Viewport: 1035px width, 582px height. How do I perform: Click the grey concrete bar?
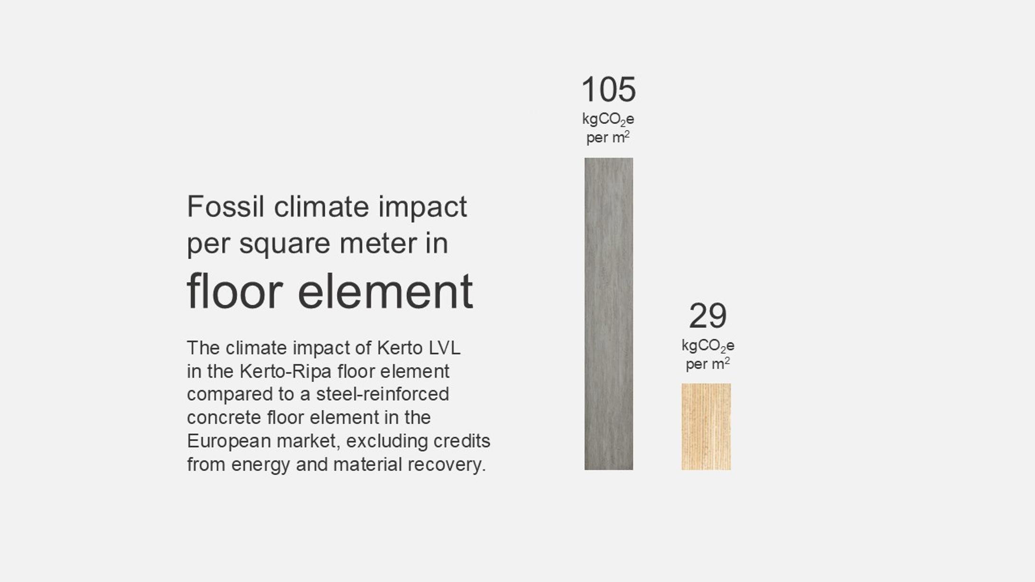tap(609, 314)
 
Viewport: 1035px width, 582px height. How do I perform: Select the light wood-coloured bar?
tap(706, 427)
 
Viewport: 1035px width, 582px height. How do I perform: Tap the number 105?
tap(609, 89)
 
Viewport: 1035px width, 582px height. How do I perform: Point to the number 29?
tap(708, 316)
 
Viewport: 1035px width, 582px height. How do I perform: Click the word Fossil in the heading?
tap(226, 207)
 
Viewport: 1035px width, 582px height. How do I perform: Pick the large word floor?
tap(235, 291)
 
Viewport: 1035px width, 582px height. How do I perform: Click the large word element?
tap(385, 291)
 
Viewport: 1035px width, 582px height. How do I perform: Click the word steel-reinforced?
tap(382, 394)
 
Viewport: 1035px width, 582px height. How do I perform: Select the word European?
tap(229, 441)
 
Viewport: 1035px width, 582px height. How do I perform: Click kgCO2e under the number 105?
tap(608, 119)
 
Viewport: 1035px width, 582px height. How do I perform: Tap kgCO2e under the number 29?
tap(708, 346)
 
